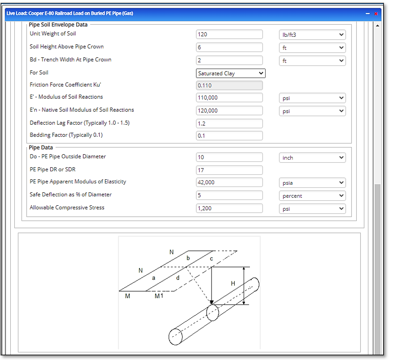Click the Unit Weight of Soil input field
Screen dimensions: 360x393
click(x=229, y=34)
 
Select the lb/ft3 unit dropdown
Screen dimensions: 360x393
click(x=312, y=34)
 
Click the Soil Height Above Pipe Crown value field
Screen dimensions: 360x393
click(x=229, y=47)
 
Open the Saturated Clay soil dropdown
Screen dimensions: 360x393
click(x=230, y=73)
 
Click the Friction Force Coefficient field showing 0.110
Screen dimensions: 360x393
click(x=229, y=85)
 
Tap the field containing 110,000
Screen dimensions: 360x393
click(x=229, y=97)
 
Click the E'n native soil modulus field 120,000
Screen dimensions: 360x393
click(x=229, y=110)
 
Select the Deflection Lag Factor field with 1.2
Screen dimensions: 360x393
click(x=229, y=123)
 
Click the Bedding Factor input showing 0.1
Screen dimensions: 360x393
click(x=229, y=136)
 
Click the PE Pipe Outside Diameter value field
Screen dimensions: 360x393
click(x=229, y=157)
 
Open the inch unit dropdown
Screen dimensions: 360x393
click(x=312, y=157)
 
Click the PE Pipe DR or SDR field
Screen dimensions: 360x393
click(x=229, y=170)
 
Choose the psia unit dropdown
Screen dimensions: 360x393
click(x=312, y=182)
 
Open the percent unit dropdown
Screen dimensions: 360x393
click(x=312, y=195)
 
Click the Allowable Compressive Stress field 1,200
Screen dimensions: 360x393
click(x=229, y=208)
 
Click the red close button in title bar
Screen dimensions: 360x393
click(x=376, y=13)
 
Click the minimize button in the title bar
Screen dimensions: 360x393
click(x=368, y=13)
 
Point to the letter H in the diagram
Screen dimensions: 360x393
click(x=233, y=284)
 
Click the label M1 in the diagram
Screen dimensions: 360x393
click(x=159, y=296)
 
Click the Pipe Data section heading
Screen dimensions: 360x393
click(x=41, y=148)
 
